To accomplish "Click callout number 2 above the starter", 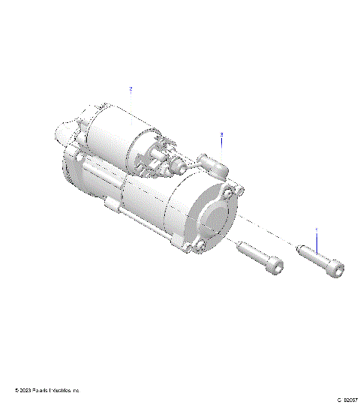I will pos(130,88).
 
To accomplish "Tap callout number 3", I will pos(222,134).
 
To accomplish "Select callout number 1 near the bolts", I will pos(316,229).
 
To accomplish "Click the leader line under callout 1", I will pos(316,241).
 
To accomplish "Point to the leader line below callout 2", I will pos(131,101).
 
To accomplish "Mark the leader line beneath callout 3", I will pos(222,145).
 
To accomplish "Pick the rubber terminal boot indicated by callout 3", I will pos(213,163).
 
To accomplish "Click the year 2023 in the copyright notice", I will pos(25,391).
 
